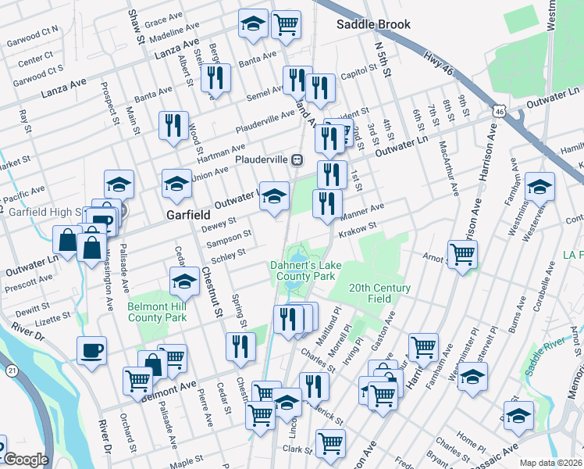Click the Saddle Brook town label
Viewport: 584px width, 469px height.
pyautogui.click(x=373, y=24)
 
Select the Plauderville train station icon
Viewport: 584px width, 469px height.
pyautogui.click(x=297, y=159)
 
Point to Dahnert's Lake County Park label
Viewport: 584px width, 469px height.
pyautogui.click(x=303, y=270)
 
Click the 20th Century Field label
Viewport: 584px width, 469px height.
pyautogui.click(x=379, y=293)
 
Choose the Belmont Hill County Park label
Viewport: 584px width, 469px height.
pyautogui.click(x=157, y=312)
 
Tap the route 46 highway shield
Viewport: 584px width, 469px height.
pyautogui.click(x=498, y=112)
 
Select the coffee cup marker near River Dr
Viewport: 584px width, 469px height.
pyautogui.click(x=92, y=349)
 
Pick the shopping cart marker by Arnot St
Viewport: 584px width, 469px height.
pyautogui.click(x=463, y=253)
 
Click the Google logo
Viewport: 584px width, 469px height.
pyautogui.click(x=26, y=460)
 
